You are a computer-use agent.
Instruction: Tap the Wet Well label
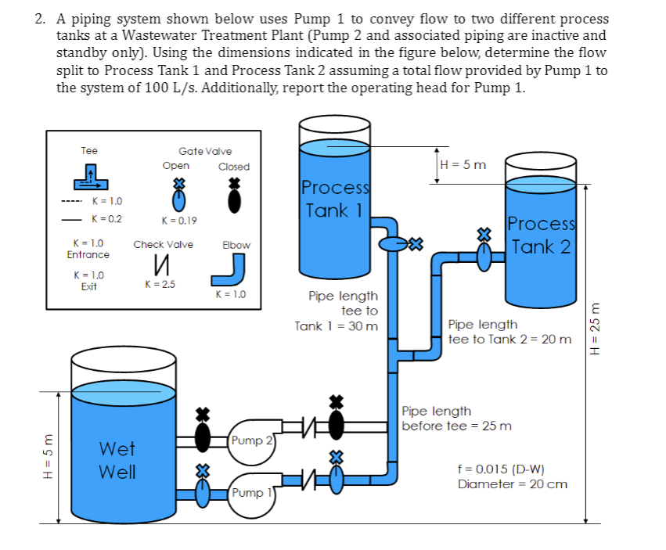(117, 461)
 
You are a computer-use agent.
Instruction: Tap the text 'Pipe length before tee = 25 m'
(456, 419)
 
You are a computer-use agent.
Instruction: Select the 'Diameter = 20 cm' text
(513, 484)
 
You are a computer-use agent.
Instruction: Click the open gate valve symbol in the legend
(178, 196)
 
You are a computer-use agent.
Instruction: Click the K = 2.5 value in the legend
(160, 284)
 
